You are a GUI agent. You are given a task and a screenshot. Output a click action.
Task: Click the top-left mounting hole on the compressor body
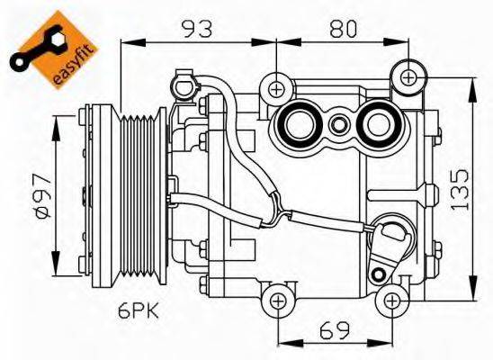point(276,88)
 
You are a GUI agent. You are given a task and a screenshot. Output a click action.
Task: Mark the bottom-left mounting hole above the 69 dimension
point(279,300)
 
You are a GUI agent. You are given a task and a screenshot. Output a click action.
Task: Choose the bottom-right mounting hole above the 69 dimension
point(390,300)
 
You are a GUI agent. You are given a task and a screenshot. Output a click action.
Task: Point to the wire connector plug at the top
point(186,88)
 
